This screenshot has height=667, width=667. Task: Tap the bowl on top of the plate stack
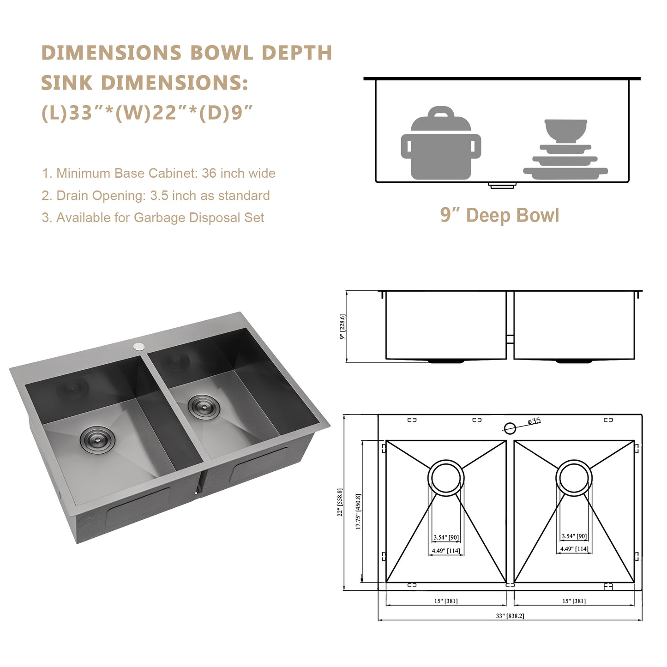(565, 131)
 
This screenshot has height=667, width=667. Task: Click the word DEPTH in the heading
(297, 53)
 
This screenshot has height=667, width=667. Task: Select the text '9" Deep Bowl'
(499, 215)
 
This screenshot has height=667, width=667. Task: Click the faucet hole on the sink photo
(138, 346)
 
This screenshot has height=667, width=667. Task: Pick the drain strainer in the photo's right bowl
(204, 406)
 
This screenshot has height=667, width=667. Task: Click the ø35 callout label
(534, 421)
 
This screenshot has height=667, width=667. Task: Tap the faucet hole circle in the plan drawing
(510, 428)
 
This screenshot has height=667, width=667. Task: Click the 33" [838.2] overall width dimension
(510, 616)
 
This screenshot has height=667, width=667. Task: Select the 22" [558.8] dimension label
(340, 502)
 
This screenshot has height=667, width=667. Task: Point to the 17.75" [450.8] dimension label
(358, 511)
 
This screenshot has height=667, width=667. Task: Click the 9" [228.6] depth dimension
(342, 326)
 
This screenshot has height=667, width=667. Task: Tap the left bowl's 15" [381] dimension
(446, 601)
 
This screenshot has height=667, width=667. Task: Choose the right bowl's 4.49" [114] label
(574, 549)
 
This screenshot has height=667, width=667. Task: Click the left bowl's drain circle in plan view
(446, 478)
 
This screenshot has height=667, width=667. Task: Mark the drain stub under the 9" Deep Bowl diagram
(502, 186)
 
